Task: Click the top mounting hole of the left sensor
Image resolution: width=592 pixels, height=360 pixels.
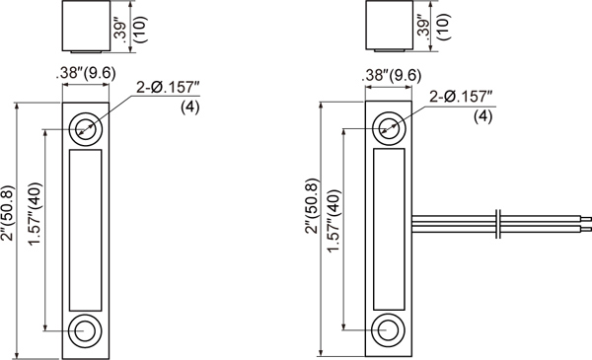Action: point(85,127)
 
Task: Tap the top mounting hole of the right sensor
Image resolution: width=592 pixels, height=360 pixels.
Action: point(389,127)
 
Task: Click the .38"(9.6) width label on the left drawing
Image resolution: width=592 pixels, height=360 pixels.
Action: point(86,71)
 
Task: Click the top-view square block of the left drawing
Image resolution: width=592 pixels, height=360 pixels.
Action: point(85,26)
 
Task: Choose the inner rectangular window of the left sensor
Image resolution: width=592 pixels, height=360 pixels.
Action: point(85,228)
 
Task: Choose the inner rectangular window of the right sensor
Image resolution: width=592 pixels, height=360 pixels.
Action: point(389,228)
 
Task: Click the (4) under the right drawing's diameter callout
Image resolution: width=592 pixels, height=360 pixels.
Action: point(483,116)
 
